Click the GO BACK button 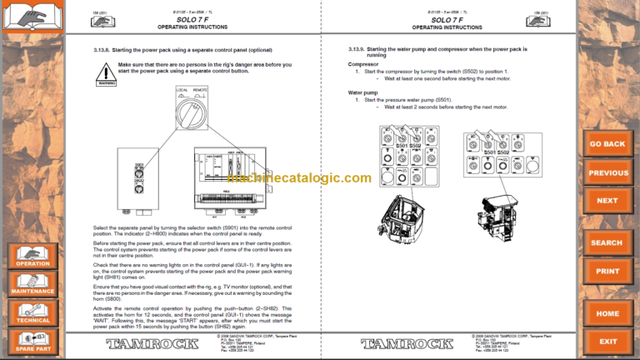click(607, 143)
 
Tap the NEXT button click(607, 201)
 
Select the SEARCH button click(607, 242)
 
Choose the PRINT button click(607, 271)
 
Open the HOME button click(607, 313)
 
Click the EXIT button click(607, 342)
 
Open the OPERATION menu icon click(32, 255)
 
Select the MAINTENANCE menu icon click(32, 283)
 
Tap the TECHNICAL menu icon click(32, 312)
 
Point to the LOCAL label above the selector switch click(182, 88)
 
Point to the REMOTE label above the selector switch click(201, 88)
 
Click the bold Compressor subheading click(363, 63)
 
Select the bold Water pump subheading click(365, 92)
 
